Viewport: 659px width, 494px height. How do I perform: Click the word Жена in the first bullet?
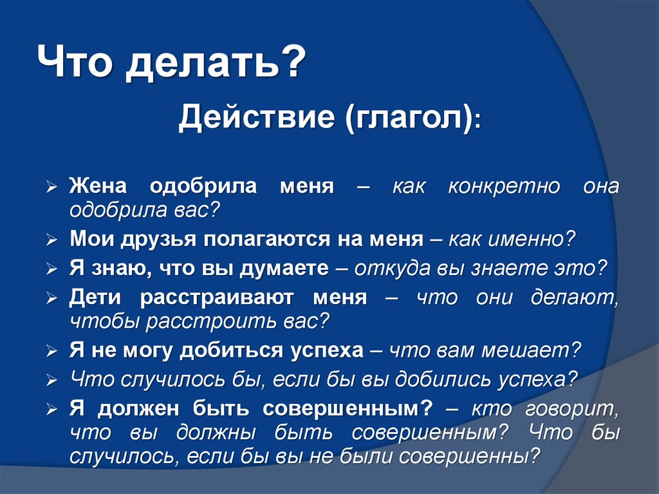click(x=98, y=187)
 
